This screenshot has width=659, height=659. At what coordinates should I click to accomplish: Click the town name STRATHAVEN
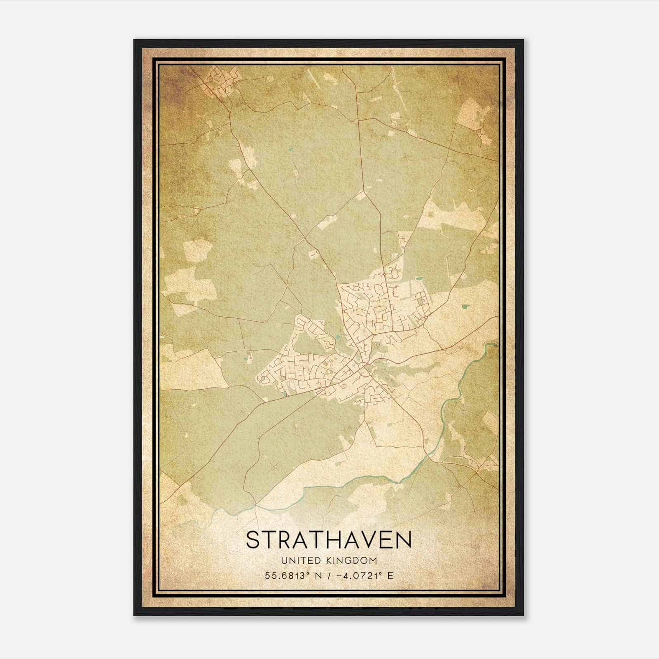[x=329, y=540]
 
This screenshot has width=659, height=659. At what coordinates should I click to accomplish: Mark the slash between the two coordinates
[x=329, y=575]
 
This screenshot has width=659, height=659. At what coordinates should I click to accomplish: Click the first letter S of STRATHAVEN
[x=253, y=540]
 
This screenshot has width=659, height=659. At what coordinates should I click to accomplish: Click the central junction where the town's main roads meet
[x=365, y=365]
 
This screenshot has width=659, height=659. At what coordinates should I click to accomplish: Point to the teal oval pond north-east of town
[x=418, y=279]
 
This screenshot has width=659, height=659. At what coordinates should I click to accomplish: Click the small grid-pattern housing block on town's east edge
[x=421, y=301]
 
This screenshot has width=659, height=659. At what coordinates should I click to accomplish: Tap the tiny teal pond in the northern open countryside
[x=291, y=150]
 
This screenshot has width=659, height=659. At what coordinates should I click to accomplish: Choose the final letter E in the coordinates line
[x=390, y=575]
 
